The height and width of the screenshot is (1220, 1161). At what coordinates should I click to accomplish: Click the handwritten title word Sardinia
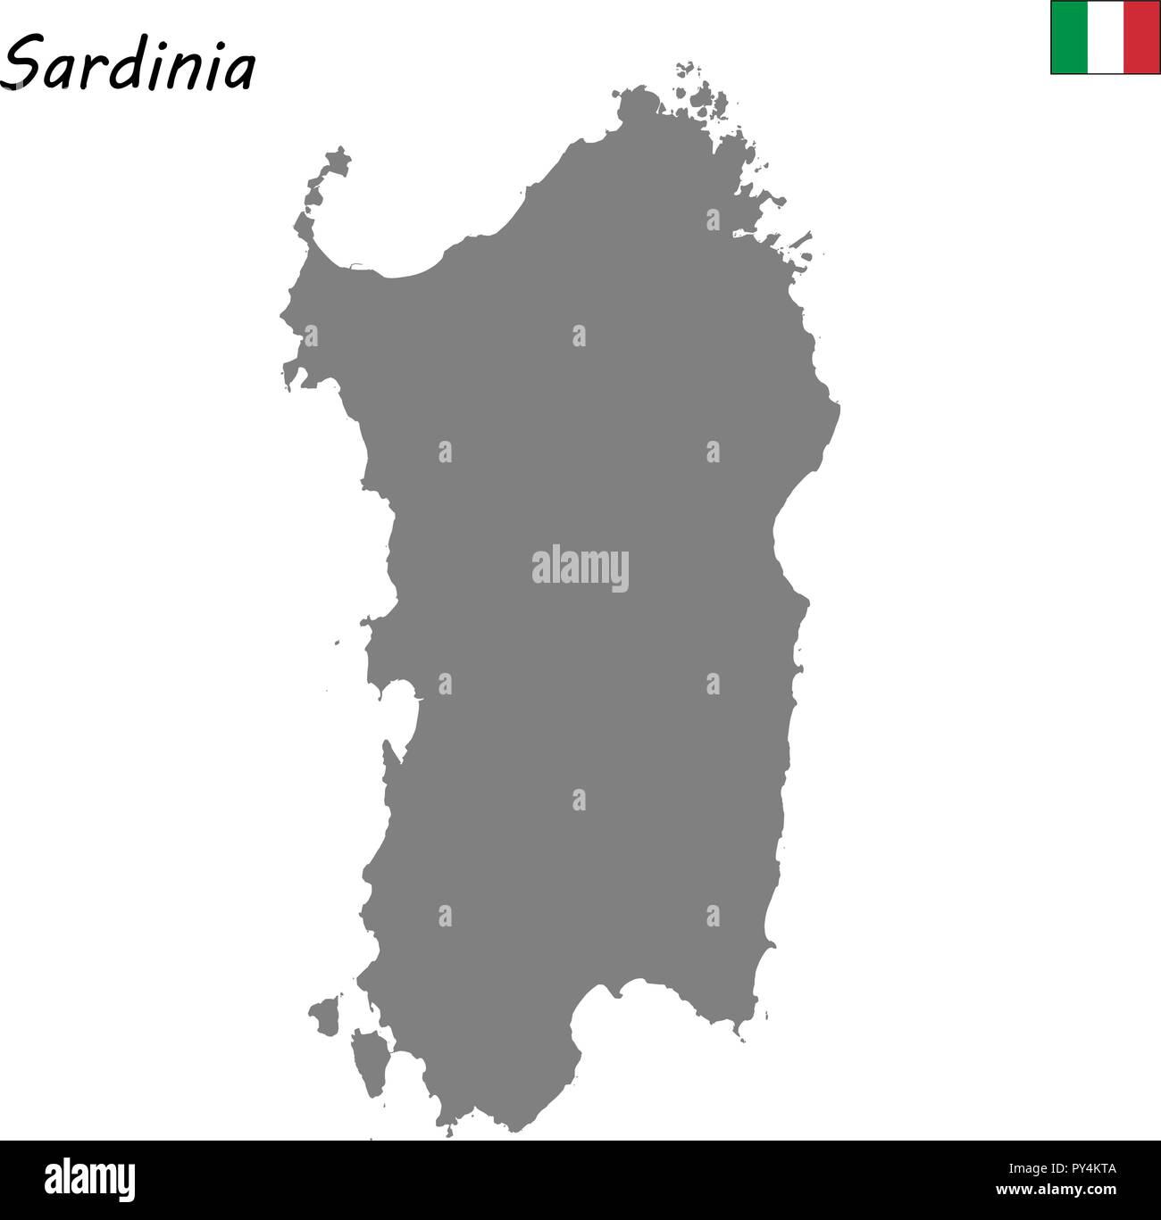[129, 64]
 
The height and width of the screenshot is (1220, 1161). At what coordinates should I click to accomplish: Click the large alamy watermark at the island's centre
[580, 569]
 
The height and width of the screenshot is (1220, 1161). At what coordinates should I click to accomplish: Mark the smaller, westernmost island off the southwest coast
[325, 1015]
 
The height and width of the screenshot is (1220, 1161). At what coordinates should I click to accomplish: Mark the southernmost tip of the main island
[447, 1129]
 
